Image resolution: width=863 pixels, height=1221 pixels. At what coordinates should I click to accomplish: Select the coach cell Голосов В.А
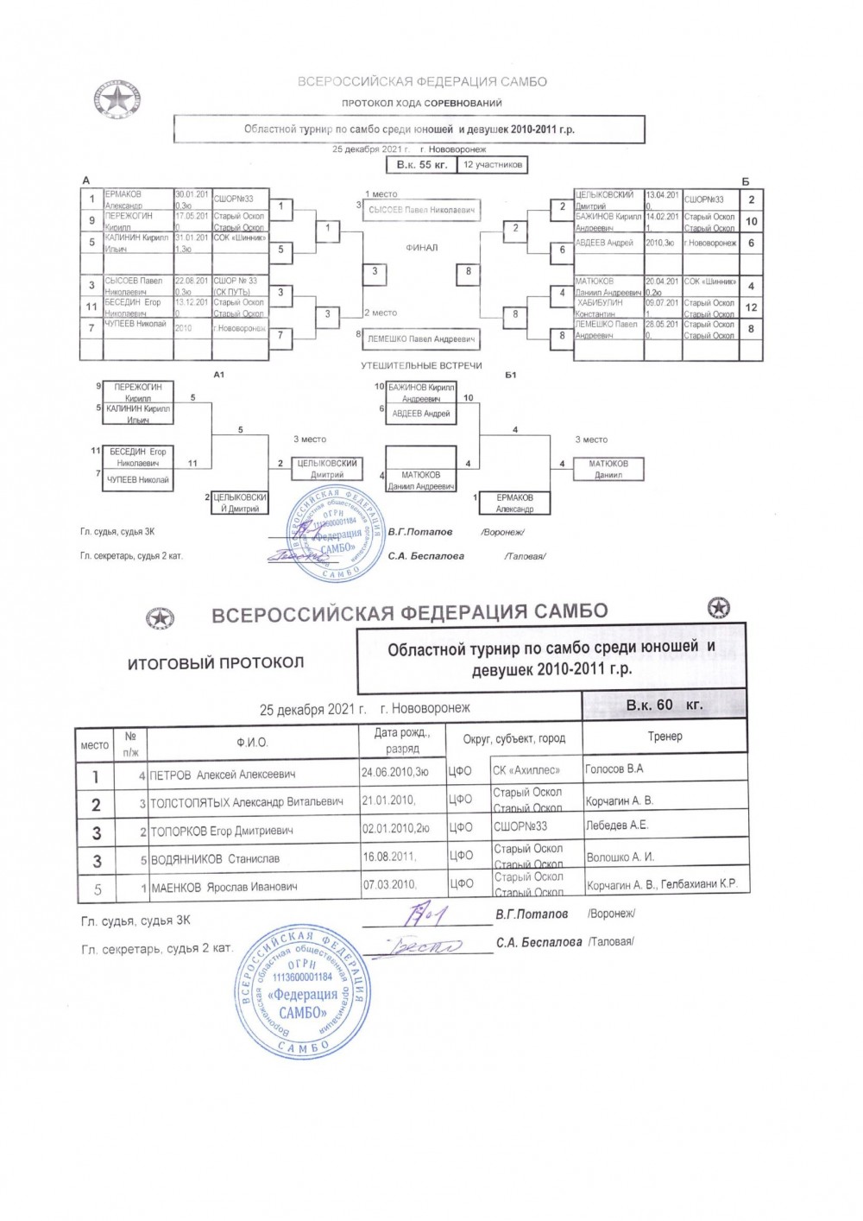[x=614, y=769]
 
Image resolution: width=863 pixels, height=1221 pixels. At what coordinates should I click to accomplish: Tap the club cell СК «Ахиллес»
[x=526, y=770]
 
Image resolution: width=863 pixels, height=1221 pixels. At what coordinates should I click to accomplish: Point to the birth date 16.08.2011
[x=390, y=857]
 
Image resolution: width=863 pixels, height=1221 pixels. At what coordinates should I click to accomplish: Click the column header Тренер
[x=665, y=737]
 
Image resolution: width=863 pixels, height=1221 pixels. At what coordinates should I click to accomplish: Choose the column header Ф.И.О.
[x=252, y=743]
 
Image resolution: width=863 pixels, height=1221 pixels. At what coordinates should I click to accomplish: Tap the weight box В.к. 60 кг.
[x=665, y=705]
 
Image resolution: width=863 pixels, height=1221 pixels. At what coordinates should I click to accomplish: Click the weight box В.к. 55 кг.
[x=421, y=164]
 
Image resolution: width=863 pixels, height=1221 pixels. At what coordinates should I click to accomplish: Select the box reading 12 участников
[x=492, y=164]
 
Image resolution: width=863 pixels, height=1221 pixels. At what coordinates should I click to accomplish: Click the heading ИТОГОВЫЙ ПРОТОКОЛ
[x=216, y=663]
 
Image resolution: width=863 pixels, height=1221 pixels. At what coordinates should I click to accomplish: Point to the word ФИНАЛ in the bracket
[x=422, y=248]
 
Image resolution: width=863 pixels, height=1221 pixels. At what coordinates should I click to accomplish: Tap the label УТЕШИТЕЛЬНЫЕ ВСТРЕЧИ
[x=422, y=366]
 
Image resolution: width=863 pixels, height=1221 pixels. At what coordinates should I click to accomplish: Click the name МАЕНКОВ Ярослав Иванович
[x=224, y=887]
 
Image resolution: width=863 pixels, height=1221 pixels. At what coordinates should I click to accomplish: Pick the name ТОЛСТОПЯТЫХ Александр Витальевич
[x=247, y=802]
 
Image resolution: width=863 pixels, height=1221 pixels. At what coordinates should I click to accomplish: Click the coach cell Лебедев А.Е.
[x=616, y=826]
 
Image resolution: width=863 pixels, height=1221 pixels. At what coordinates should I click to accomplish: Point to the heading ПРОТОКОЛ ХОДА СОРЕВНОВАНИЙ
[x=422, y=104]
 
